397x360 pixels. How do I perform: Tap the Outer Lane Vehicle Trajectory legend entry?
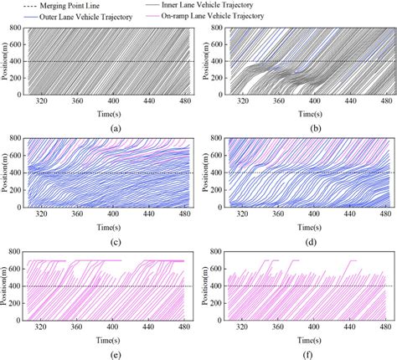[92, 15]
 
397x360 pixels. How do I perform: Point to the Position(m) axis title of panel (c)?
[7, 171]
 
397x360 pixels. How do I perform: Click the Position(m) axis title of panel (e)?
[7, 286]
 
